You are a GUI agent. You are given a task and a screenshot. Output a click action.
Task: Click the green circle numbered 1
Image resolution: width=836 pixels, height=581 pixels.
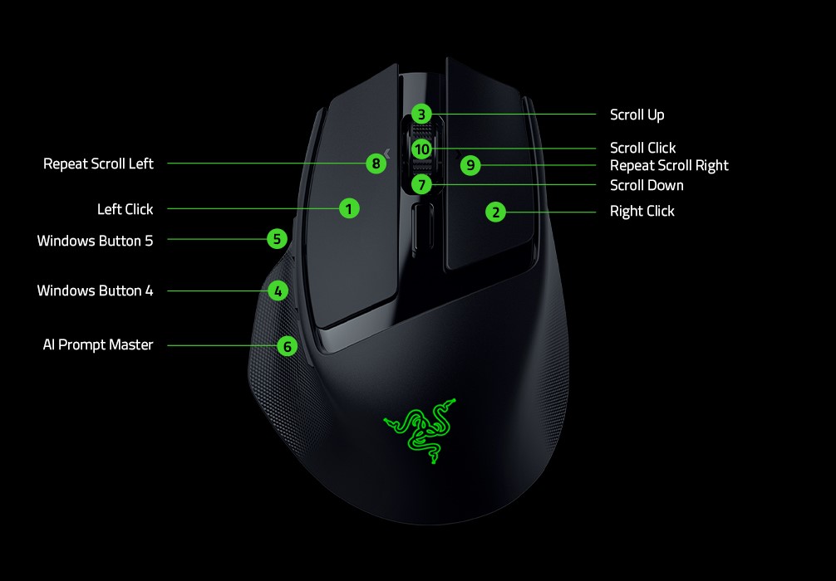click(350, 208)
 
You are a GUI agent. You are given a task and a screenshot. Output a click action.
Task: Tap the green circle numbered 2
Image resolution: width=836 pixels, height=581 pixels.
click(496, 212)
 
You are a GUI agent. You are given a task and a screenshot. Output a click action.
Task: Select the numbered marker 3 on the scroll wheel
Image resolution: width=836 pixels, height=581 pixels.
click(422, 115)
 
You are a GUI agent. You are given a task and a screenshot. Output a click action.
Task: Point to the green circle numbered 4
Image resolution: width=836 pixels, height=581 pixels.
click(278, 290)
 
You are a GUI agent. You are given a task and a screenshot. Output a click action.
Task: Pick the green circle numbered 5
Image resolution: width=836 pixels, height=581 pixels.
click(278, 240)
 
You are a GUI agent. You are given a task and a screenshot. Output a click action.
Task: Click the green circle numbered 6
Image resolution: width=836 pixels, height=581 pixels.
click(287, 346)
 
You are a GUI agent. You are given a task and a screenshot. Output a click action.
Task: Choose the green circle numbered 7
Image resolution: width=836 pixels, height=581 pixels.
click(422, 184)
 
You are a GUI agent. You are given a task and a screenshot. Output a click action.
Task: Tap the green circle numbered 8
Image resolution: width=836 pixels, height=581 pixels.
click(376, 164)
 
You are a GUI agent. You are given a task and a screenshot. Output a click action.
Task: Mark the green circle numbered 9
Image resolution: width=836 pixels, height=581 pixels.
click(471, 165)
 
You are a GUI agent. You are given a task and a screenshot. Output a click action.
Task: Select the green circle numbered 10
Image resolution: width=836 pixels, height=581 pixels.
click(422, 149)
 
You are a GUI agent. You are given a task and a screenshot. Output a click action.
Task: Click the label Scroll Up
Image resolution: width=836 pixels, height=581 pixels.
click(637, 115)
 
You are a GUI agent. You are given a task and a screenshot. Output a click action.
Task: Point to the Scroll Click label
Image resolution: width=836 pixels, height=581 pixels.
click(642, 148)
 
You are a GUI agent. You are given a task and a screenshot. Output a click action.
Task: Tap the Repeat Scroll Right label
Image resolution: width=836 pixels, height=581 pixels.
click(669, 165)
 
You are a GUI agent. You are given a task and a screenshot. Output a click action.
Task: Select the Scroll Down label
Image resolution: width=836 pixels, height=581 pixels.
click(647, 185)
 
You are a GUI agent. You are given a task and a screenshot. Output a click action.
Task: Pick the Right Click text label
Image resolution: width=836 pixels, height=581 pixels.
click(642, 211)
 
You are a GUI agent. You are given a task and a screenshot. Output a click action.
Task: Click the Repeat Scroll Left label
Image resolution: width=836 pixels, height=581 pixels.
click(98, 164)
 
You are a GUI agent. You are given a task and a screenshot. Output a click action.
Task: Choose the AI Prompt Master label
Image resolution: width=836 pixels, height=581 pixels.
click(98, 344)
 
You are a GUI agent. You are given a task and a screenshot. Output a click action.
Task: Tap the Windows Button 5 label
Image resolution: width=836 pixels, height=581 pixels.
click(95, 241)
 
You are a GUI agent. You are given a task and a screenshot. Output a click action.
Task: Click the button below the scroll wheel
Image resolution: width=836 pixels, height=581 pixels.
click(422, 226)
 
